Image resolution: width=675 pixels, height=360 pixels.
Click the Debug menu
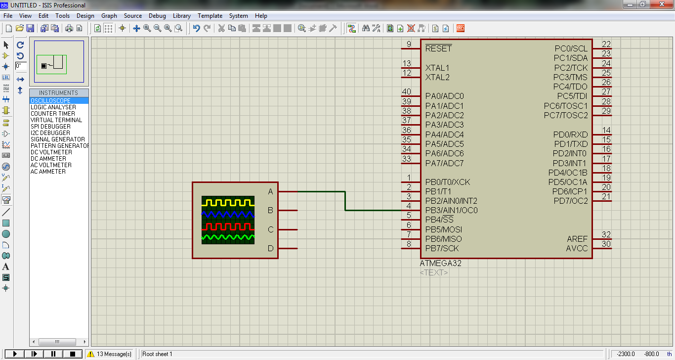tap(157, 16)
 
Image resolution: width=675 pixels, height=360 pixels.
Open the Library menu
tap(182, 16)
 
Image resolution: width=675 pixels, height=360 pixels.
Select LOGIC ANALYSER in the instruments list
tap(53, 107)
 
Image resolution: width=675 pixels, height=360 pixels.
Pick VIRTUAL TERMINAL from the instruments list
tap(56, 120)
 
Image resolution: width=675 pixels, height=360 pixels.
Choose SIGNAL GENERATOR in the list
tap(58, 139)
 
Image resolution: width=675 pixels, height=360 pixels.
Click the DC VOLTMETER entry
tap(51, 152)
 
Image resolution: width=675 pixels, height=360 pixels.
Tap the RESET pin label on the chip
tap(438, 48)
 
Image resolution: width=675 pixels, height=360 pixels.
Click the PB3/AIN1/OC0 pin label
tap(451, 210)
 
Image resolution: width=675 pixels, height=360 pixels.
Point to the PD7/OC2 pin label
tap(571, 201)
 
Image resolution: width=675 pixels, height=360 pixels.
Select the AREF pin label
tap(577, 239)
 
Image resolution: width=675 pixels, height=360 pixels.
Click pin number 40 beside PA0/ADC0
tap(406, 92)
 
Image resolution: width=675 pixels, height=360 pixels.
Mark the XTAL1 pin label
tap(437, 68)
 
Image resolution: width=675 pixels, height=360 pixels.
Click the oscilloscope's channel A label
tap(270, 191)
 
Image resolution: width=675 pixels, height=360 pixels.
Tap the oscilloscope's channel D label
tap(270, 248)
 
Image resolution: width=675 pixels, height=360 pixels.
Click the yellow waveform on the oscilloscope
tap(228, 202)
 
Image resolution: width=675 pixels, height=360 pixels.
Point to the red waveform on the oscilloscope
tap(228, 227)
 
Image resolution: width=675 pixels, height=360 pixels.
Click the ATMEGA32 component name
tap(440, 264)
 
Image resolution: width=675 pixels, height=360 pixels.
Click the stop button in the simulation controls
tap(73, 354)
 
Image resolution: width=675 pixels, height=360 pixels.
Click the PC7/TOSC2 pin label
tap(566, 115)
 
